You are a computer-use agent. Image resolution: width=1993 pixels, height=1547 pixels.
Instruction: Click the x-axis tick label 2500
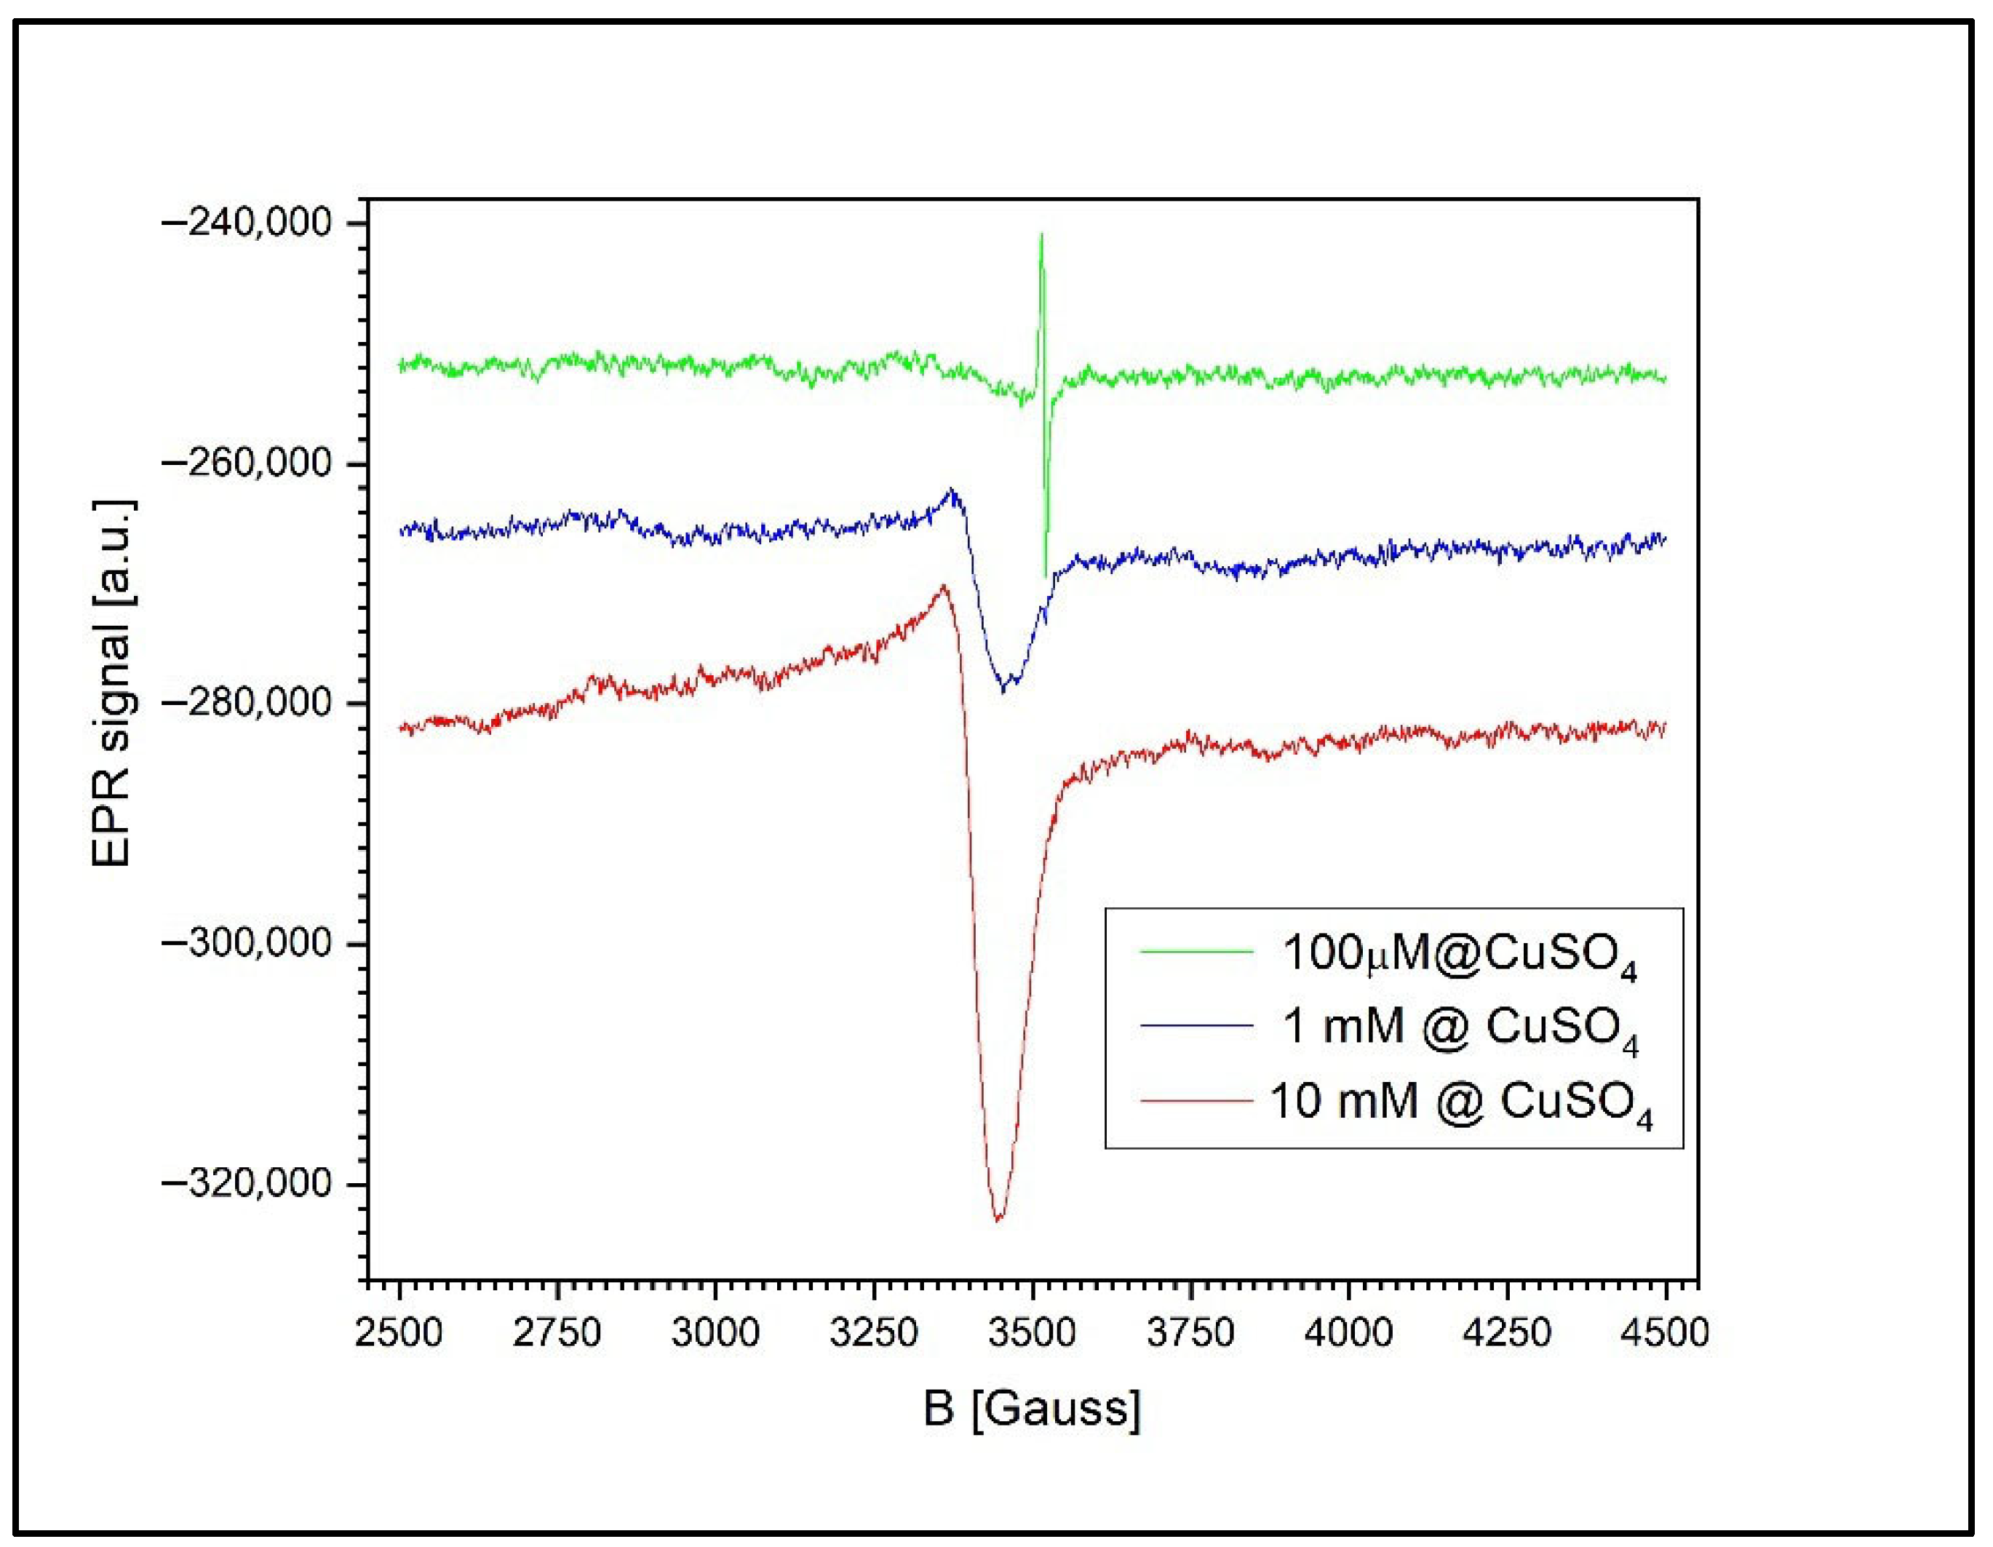(x=399, y=1333)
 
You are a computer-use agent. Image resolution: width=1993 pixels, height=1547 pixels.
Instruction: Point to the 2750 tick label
(x=557, y=1333)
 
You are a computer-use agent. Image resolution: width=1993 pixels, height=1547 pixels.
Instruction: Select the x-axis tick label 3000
(x=715, y=1333)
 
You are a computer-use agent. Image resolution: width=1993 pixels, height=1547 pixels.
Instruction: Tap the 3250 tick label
(x=873, y=1333)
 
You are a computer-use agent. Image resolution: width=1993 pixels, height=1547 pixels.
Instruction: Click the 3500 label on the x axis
(x=1032, y=1333)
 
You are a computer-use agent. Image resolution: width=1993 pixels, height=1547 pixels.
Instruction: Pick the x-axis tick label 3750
(x=1190, y=1333)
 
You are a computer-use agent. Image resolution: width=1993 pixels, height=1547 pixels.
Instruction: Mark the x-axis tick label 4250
(x=1507, y=1333)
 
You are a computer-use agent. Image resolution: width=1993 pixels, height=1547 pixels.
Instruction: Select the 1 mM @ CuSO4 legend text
(x=1461, y=1027)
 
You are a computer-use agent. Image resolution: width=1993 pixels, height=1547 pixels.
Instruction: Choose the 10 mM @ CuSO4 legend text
(x=1461, y=1102)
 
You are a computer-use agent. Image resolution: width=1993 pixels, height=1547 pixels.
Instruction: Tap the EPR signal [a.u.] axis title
(x=114, y=683)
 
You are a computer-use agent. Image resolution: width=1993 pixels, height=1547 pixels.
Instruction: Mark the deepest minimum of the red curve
(x=998, y=1218)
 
